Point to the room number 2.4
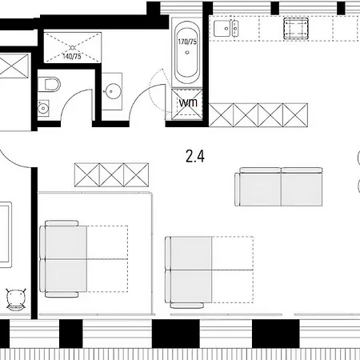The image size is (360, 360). click(194, 157)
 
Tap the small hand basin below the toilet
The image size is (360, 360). click(42, 109)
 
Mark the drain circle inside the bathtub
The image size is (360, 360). click(188, 54)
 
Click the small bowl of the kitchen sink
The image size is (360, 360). click(235, 30)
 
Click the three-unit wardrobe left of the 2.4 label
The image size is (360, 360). click(111, 173)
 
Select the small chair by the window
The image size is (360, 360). click(14, 298)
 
